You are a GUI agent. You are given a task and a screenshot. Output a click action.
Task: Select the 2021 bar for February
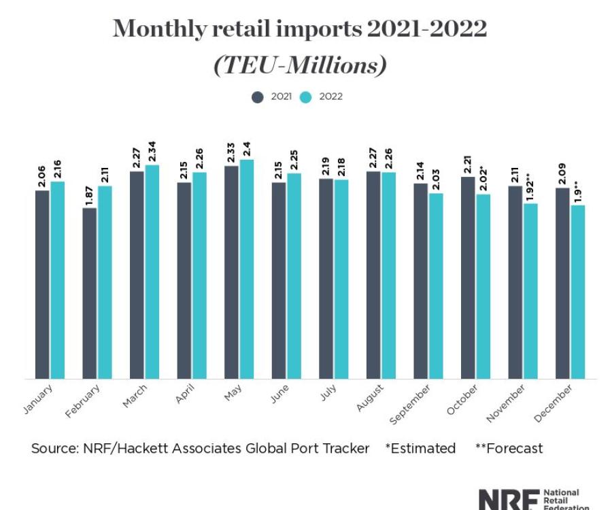click(90, 292)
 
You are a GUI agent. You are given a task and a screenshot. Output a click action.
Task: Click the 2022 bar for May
click(246, 269)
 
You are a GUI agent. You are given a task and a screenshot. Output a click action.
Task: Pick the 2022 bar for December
click(578, 292)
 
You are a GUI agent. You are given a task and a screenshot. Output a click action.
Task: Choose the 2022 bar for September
click(436, 286)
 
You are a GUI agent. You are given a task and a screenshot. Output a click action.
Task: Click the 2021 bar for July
click(326, 278)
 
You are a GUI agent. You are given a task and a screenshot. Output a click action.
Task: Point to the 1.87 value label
click(90, 194)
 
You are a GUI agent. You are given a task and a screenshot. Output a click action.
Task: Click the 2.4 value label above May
click(246, 148)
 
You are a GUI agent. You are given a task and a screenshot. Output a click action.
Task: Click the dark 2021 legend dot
click(258, 97)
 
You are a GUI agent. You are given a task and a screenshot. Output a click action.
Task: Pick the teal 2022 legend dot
click(306, 97)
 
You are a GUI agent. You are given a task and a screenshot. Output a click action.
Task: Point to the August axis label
click(371, 398)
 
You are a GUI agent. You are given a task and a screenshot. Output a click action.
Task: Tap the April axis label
click(186, 394)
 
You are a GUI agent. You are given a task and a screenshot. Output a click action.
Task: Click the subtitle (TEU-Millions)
click(300, 65)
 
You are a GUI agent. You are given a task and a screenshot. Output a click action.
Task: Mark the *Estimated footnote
click(420, 448)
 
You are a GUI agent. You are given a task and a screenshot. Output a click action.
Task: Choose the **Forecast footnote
click(509, 448)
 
